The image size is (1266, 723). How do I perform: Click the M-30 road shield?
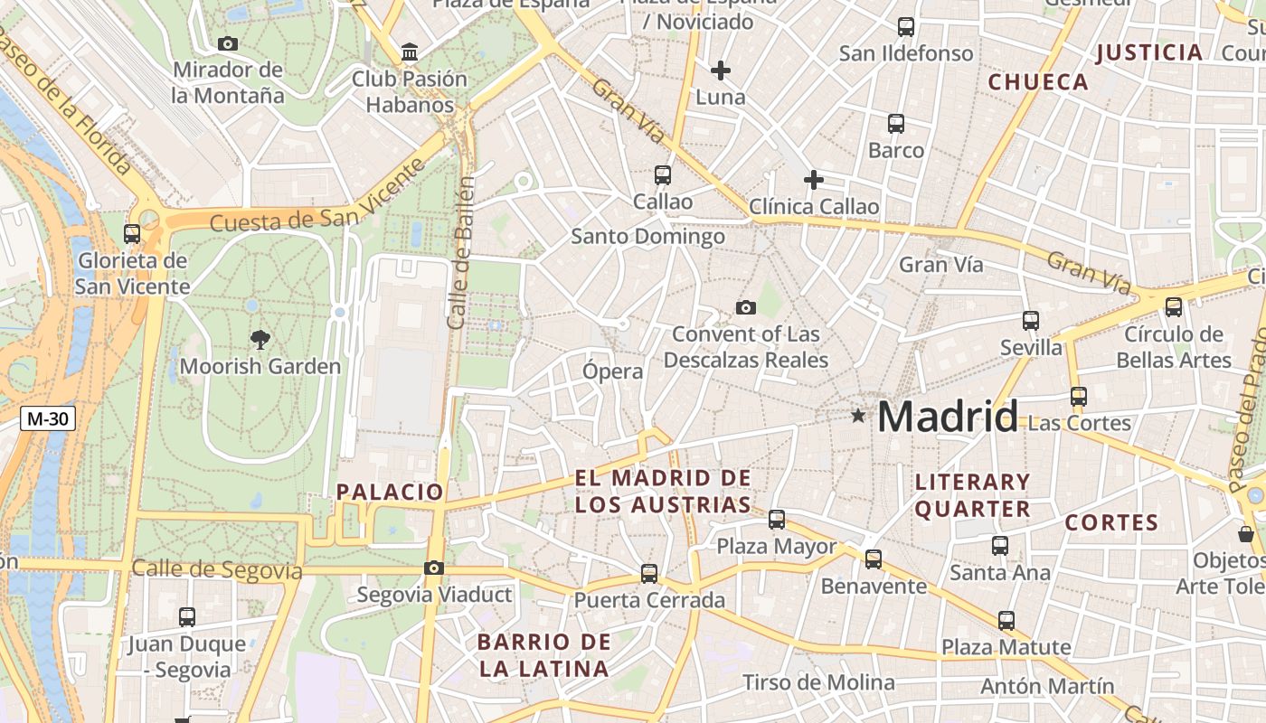tap(48, 418)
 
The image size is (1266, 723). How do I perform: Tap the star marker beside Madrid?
tap(857, 416)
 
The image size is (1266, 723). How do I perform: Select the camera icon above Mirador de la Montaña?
tap(228, 43)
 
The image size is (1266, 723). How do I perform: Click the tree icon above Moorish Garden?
tap(260, 340)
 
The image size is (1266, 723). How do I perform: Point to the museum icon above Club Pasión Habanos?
tap(410, 52)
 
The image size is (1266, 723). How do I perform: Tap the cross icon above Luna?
tap(721, 70)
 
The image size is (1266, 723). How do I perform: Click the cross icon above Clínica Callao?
tap(814, 180)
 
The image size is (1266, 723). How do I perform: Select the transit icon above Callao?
tap(663, 175)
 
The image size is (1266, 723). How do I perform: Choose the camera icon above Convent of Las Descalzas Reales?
tap(746, 307)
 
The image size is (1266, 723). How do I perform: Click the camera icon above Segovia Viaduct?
tap(434, 568)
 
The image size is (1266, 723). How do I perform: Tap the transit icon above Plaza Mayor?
tap(777, 520)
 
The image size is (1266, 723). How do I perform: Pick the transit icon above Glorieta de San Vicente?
tap(132, 234)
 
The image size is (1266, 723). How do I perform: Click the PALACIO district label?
tap(390, 493)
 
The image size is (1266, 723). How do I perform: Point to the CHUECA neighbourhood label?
tap(1038, 82)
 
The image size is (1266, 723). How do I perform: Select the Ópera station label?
tap(613, 371)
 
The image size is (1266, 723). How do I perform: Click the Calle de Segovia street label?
tap(217, 570)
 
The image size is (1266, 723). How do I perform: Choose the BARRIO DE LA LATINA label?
tap(544, 656)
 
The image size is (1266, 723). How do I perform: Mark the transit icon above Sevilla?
tap(1031, 321)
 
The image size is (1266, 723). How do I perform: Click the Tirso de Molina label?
tap(818, 683)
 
